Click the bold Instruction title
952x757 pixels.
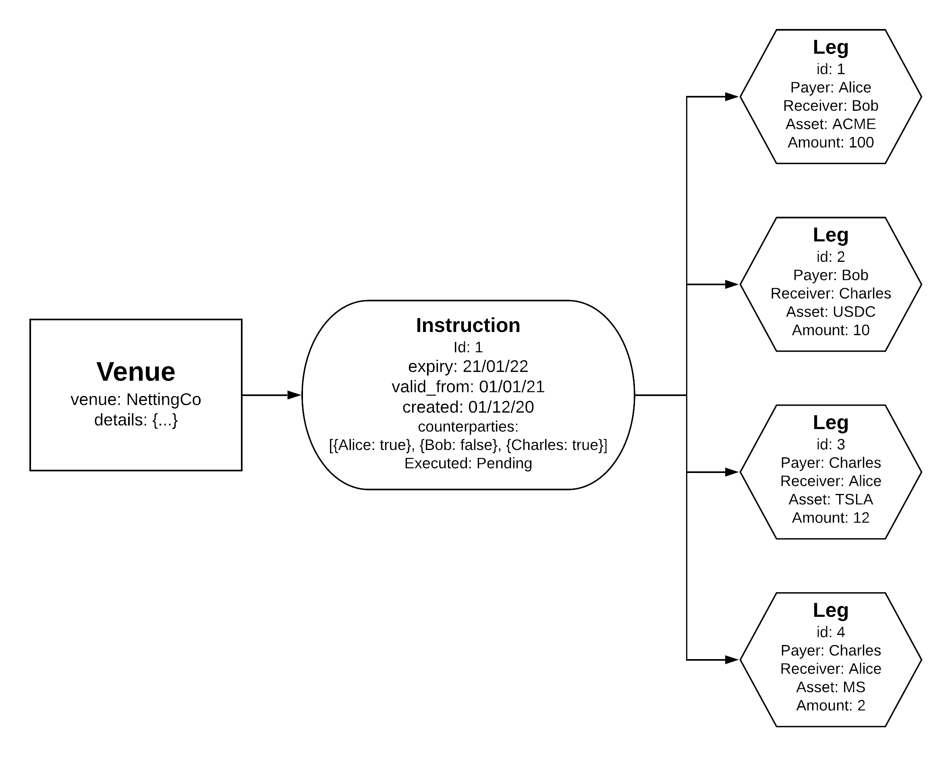pos(468,325)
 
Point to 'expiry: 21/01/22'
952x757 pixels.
pos(468,366)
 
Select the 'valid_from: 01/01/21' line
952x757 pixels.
pos(468,386)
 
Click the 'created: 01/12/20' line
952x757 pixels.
pos(468,407)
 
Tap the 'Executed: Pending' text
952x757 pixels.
pos(468,463)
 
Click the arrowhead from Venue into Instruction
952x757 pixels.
pos(294,395)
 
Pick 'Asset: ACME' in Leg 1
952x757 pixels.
pos(831,124)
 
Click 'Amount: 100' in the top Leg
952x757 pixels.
pos(831,142)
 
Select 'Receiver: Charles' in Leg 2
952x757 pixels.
pos(831,293)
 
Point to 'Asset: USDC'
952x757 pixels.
pos(831,312)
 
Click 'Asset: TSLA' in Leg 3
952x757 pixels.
pos(831,499)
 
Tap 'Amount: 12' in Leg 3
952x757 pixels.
pos(831,518)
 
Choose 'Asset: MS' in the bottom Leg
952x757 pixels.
pos(831,687)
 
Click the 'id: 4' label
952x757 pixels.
pos(831,632)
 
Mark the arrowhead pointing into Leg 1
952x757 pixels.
pos(732,96)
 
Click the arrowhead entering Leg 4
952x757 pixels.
pos(732,660)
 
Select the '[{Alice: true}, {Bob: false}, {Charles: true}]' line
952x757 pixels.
pos(468,445)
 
